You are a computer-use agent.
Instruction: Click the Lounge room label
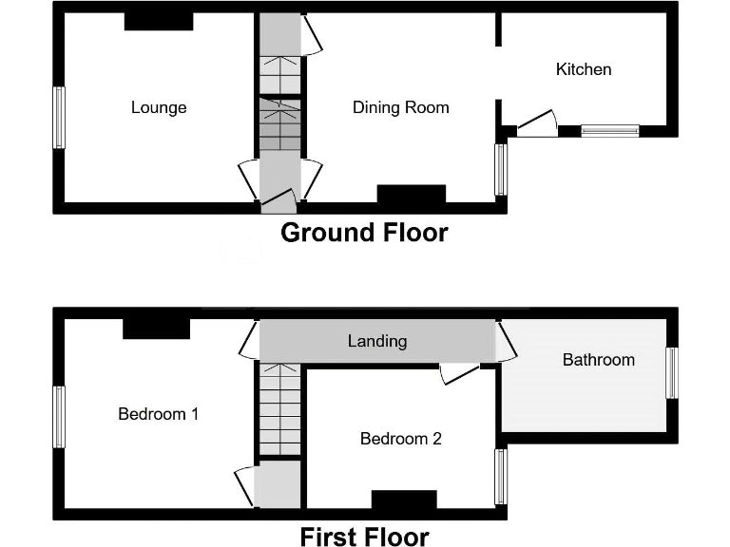pos(159,107)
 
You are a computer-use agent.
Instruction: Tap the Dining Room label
pos(400,107)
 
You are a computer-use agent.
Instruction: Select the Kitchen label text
pos(584,69)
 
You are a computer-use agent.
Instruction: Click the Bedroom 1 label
pos(158,414)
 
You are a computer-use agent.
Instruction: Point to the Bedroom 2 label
pos(400,439)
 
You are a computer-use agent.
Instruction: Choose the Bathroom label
pos(598,359)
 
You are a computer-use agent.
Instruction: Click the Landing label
pos(377,341)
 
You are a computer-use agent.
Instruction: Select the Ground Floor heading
pos(364,233)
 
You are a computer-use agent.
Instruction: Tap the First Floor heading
pos(364,537)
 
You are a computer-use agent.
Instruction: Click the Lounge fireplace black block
pos(159,21)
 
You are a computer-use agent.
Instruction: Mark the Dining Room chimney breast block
pos(411,194)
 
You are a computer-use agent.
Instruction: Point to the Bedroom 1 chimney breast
pos(156,328)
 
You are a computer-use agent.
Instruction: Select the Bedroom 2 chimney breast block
pos(404,500)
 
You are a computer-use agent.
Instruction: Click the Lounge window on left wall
pos(59,118)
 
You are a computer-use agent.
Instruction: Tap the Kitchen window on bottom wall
pos(609,130)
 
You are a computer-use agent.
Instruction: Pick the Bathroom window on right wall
pos(671,373)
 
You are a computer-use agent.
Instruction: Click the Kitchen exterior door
pos(536,124)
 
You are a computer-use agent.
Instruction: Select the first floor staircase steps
pos(279,408)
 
